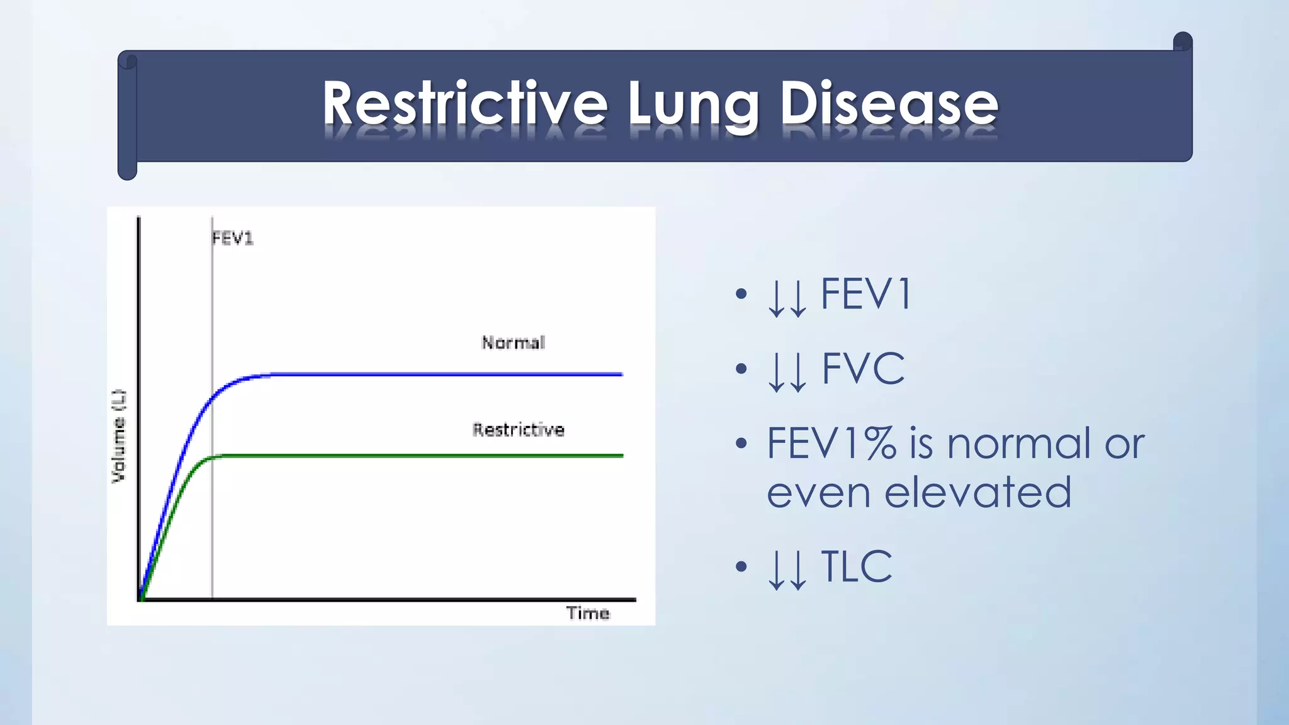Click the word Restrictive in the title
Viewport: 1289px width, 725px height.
464,104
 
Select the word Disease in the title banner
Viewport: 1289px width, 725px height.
889,104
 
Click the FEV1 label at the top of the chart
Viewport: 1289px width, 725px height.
232,239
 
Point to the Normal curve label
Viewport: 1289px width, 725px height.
513,343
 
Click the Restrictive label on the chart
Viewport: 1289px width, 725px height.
518,430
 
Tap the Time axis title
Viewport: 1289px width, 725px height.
587,614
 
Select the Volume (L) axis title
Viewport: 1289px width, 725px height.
118,436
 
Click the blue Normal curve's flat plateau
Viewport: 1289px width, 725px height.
441,374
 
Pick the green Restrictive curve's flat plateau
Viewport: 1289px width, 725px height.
415,456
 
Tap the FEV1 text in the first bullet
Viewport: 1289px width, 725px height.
866,295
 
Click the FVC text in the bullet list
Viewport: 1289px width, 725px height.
863,369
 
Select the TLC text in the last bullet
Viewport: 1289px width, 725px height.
856,567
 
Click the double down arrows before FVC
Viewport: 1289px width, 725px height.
787,371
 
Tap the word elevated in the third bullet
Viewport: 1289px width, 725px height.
977,492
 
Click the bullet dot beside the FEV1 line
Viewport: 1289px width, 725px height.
741,294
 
